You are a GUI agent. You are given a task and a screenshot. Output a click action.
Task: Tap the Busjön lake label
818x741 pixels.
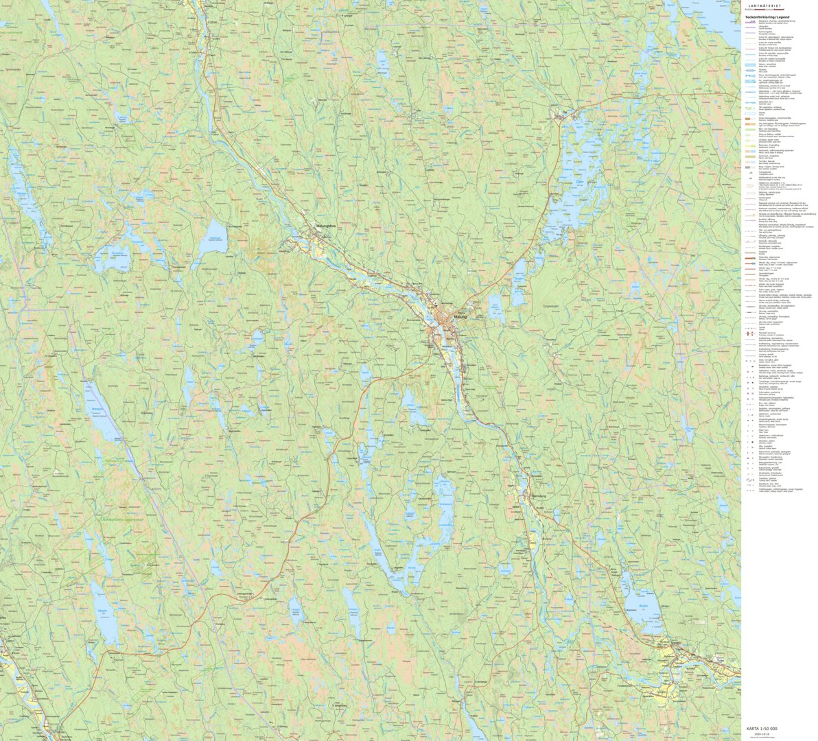(643, 606)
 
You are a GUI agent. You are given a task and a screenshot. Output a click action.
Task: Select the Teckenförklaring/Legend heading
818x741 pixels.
(767, 16)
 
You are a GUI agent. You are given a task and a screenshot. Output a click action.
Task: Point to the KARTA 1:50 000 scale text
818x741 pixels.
(762, 729)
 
